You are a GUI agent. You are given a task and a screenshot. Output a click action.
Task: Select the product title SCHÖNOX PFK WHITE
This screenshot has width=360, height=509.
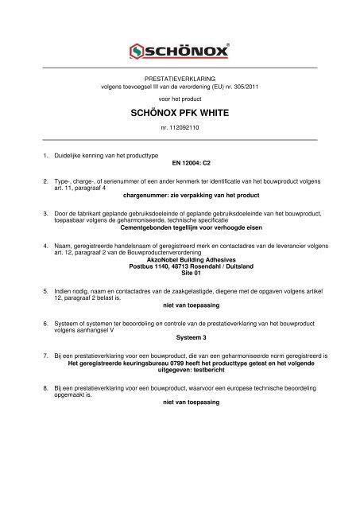point(180,114)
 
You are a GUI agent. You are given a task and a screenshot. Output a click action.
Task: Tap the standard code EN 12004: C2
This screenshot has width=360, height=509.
point(180,160)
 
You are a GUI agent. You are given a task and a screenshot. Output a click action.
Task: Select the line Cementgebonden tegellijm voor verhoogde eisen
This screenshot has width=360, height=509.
point(180,227)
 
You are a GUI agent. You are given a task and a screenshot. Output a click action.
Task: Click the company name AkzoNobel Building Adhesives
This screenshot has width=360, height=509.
point(180,259)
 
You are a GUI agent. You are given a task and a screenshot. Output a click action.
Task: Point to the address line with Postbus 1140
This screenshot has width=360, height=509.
point(180,266)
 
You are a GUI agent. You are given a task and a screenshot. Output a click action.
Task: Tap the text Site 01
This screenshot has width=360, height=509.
point(180,274)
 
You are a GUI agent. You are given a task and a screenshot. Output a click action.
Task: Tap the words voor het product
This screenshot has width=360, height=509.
point(180,99)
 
